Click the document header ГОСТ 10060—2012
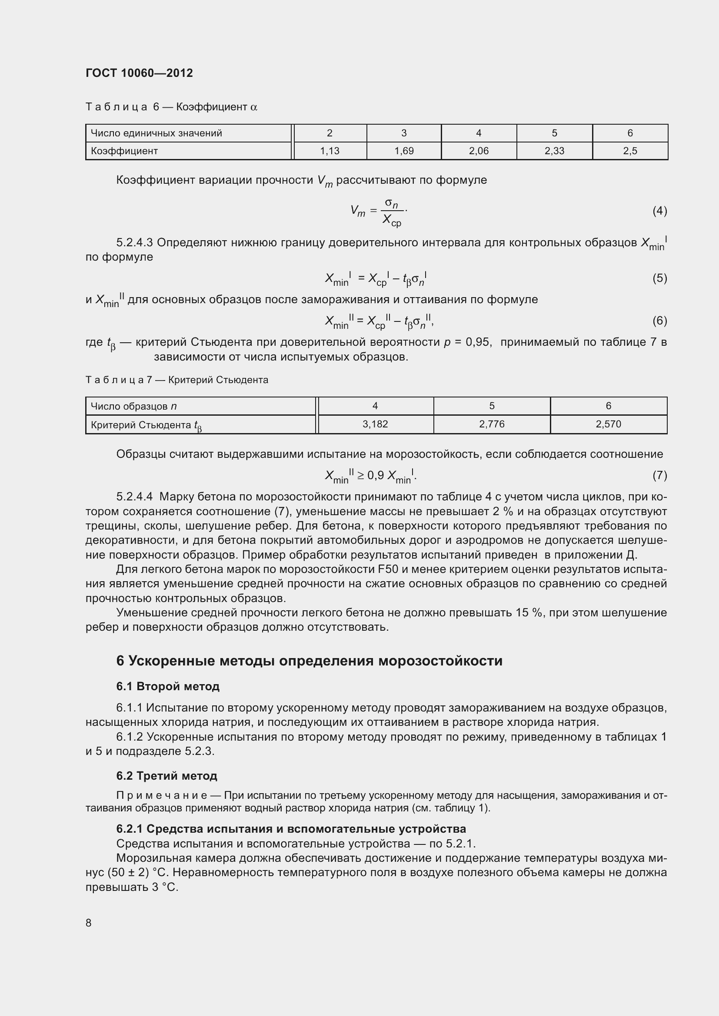click(139, 73)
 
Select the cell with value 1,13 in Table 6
click(330, 151)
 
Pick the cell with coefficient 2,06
click(479, 151)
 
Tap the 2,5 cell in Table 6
click(629, 151)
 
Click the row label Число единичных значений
click(156, 133)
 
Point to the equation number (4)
click(659, 211)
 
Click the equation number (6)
click(659, 321)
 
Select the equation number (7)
click(659, 475)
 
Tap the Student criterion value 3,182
click(375, 424)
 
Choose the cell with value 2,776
click(492, 424)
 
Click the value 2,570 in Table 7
click(608, 424)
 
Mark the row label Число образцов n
click(133, 406)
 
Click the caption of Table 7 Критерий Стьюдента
click(176, 380)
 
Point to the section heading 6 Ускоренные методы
click(309, 661)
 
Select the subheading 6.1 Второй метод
click(168, 686)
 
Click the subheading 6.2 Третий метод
click(166, 776)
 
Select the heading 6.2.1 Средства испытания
click(291, 829)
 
